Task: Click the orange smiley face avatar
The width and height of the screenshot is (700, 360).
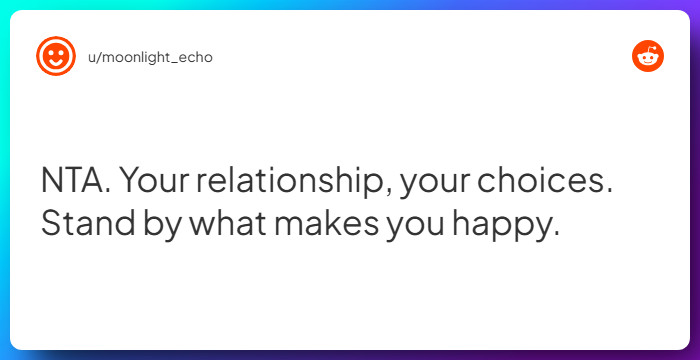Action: tap(56, 56)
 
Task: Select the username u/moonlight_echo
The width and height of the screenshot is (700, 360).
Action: tap(150, 58)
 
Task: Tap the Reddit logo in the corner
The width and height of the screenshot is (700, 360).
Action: tap(648, 56)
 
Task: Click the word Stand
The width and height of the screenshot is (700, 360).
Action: tap(88, 222)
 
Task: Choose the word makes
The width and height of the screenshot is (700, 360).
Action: tap(326, 222)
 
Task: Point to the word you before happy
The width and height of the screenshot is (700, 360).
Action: tap(415, 227)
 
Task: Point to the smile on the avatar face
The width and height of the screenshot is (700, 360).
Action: tap(56, 63)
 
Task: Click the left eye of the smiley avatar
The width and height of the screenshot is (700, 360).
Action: tap(50, 52)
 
